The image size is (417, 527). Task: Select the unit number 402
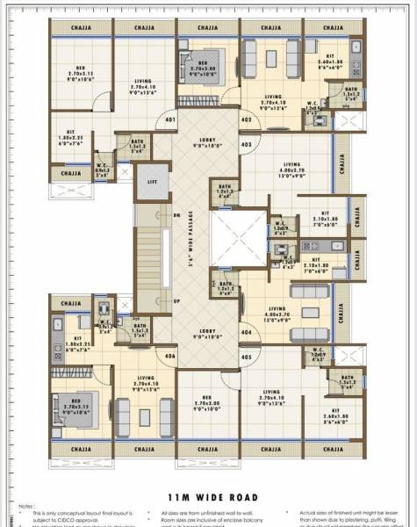pos(247,119)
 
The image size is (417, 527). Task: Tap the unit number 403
pos(246,144)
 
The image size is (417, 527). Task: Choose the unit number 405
pos(246,357)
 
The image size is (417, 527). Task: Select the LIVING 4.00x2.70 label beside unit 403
pos(293,168)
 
